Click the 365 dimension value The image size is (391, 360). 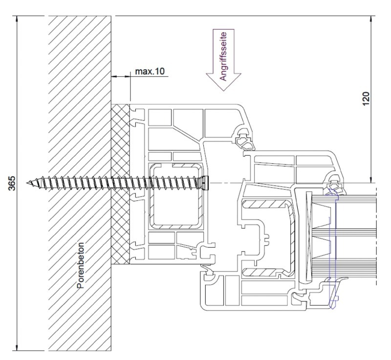tap(12, 183)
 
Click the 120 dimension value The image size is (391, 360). tap(366, 99)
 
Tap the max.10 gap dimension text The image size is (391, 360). tap(150, 71)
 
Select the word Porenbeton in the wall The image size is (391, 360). tap(81, 266)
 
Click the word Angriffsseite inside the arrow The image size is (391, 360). tap(223, 56)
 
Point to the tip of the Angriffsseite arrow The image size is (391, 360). tap(223, 91)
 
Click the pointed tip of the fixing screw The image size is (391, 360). tap(27, 183)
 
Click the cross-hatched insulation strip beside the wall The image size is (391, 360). tap(120, 184)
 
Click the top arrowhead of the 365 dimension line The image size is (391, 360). tap(17, 19)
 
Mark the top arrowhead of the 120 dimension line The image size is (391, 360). tap(371, 19)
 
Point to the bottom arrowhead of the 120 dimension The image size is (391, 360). tap(371, 180)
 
